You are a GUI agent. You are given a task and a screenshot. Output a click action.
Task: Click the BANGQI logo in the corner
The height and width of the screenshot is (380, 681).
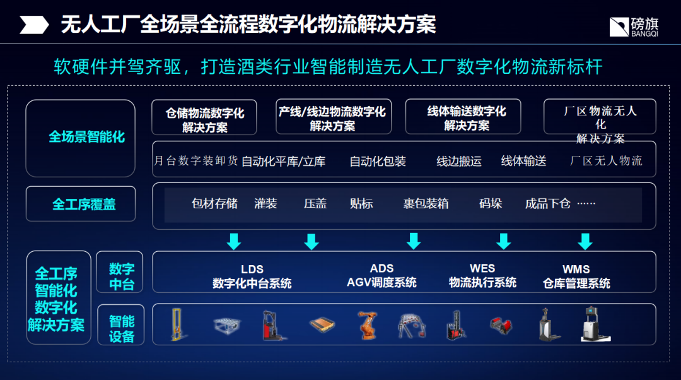coord(634,25)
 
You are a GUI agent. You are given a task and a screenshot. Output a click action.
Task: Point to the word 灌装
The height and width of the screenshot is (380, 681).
coord(265,204)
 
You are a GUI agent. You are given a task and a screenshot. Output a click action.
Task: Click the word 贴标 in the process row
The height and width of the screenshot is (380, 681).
coord(361,204)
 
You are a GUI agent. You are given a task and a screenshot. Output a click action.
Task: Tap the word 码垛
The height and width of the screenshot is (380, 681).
coord(490,204)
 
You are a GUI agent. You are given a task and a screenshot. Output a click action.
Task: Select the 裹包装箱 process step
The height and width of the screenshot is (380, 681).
coord(426,204)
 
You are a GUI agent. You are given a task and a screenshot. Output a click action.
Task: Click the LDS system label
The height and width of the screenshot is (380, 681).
coord(252,276)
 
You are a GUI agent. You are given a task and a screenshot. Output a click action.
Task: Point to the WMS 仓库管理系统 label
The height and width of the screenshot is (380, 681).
coord(576,276)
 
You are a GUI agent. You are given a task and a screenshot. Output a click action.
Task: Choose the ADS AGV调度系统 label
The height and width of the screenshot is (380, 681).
coord(381,276)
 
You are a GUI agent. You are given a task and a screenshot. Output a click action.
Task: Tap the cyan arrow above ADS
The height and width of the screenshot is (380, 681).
coord(414,241)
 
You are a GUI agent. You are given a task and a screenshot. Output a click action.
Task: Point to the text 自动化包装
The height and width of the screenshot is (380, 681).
coord(378,161)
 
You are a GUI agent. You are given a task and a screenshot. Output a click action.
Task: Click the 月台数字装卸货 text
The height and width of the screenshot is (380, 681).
coord(196,161)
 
